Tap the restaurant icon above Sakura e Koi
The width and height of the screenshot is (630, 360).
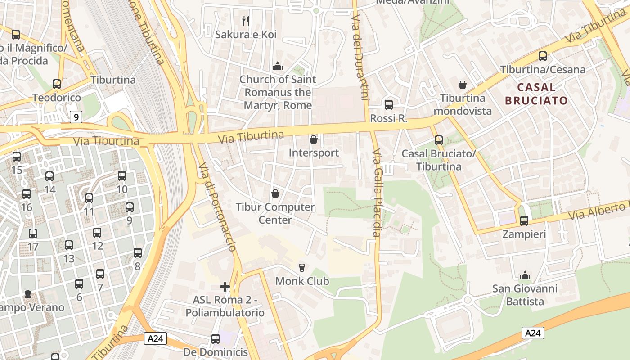(x=246, y=21)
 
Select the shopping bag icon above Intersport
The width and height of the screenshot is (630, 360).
(x=314, y=139)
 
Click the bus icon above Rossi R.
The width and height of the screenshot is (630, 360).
(x=389, y=105)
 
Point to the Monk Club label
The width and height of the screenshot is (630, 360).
(x=302, y=281)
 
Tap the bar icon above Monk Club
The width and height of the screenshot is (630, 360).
(x=301, y=268)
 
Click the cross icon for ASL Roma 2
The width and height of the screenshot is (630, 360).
(x=225, y=286)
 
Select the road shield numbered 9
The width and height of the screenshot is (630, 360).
(x=76, y=117)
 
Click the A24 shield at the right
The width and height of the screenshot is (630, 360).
(x=533, y=333)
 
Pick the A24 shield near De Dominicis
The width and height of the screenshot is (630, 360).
(x=156, y=338)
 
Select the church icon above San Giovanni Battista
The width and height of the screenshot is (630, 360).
(x=525, y=275)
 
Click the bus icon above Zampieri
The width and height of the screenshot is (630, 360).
(x=524, y=221)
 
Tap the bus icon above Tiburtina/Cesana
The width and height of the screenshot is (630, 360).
(x=543, y=56)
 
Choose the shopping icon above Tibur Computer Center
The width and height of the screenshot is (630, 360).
(x=275, y=193)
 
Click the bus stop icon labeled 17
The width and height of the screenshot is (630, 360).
(x=33, y=234)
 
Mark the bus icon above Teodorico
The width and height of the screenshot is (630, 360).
(x=57, y=84)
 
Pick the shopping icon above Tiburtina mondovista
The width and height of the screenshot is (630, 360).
(x=462, y=85)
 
